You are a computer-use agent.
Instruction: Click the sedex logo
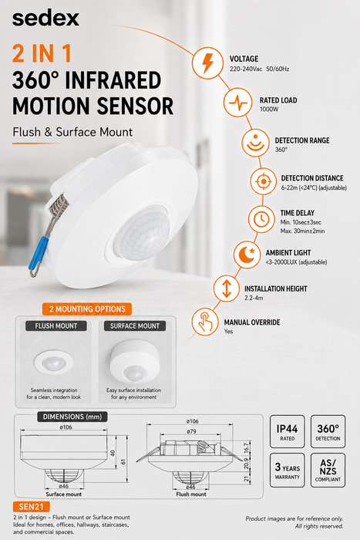[x=45, y=19]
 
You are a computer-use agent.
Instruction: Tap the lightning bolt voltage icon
[x=207, y=62]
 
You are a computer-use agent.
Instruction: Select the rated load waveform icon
[x=238, y=103]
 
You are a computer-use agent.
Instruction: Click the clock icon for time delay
[x=261, y=218]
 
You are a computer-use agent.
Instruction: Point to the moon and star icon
[x=247, y=254]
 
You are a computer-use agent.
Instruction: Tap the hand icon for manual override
[x=205, y=322]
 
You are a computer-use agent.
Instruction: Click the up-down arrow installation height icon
[x=227, y=289]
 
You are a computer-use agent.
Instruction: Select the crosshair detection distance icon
[x=264, y=181]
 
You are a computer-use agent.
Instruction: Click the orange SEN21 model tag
[x=32, y=507]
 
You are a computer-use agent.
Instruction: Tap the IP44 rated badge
[x=287, y=431]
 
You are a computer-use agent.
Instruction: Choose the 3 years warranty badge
[x=287, y=471]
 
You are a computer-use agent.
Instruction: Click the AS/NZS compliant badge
[x=328, y=471]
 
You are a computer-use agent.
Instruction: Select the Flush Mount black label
[x=56, y=326]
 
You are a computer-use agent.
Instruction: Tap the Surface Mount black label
[x=135, y=326]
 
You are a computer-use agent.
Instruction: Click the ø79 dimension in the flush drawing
[x=192, y=431]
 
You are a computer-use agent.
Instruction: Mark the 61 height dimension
[x=123, y=461]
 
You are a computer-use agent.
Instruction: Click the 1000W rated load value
[x=269, y=110]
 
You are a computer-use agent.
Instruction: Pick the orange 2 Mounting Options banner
[x=87, y=309]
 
